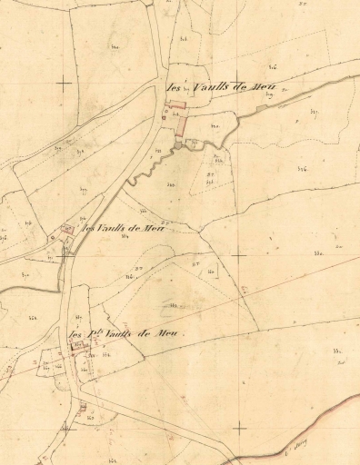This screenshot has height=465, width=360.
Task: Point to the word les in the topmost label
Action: pos(174,89)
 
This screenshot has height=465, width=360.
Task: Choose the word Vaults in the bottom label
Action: pos(118,334)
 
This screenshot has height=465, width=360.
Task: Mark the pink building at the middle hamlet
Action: pos(66,229)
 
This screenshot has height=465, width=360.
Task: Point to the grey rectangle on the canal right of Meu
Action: pos(264,108)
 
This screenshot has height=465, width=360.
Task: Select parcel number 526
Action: pos(301,169)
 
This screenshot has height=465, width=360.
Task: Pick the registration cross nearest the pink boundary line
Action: pos(239,428)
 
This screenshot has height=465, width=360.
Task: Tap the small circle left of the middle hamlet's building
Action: pos(53,237)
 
